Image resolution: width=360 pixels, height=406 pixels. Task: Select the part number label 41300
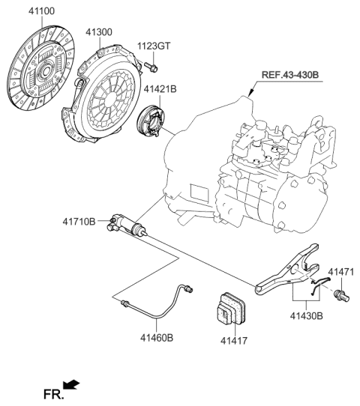pyautogui.click(x=99, y=32)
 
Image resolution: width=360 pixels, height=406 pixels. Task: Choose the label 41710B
pyautogui.click(x=79, y=222)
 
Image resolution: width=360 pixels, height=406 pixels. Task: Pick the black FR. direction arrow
pyautogui.click(x=72, y=384)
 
